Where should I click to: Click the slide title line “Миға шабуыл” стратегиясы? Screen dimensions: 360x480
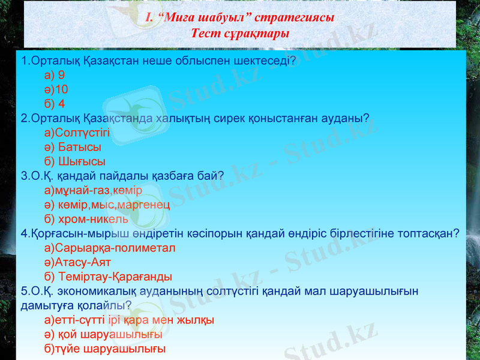click(240, 18)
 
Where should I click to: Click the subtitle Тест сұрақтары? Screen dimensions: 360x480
click(240, 33)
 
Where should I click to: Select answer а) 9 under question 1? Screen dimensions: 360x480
click(55, 76)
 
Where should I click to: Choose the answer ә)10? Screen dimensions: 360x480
click(56, 89)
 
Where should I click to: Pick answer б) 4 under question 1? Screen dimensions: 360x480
click(55, 104)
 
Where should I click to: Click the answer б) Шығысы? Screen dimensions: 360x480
click(75, 161)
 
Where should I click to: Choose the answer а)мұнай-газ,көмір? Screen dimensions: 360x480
click(93, 191)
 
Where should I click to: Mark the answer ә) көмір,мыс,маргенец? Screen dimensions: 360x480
click(107, 205)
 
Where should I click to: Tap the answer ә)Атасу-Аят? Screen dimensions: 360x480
click(77, 262)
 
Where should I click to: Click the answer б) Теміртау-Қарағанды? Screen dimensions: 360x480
click(108, 277)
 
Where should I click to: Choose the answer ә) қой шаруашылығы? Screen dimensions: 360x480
click(103, 334)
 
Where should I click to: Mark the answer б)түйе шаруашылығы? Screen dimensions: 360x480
click(105, 349)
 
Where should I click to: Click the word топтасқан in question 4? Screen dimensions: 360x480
click(431, 233)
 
